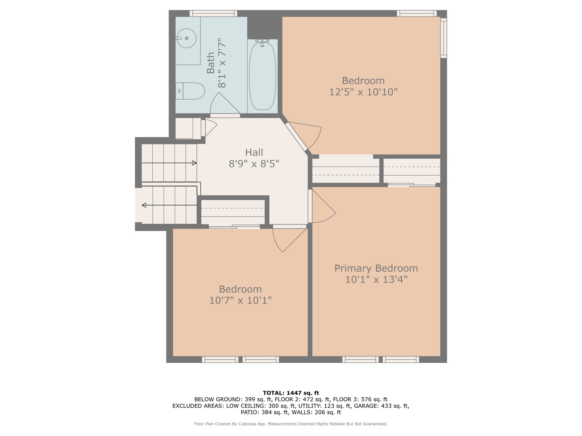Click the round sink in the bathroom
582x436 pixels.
click(187, 38)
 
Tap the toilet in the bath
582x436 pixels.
click(190, 91)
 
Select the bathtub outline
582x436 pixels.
click(262, 75)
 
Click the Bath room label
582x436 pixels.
click(211, 63)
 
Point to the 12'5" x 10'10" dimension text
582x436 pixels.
click(363, 92)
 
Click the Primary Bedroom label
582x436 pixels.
click(376, 268)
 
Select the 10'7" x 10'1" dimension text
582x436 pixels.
click(240, 300)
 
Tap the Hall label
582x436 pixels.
click(254, 152)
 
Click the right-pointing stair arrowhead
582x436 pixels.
click(194, 163)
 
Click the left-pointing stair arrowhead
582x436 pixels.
click(144, 205)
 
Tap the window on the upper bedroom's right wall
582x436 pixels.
click(444, 38)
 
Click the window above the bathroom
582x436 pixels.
click(213, 13)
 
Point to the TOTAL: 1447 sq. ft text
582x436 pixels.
click(291, 393)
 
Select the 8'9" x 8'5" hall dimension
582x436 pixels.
click(254, 164)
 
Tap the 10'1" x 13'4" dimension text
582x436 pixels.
click(376, 279)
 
